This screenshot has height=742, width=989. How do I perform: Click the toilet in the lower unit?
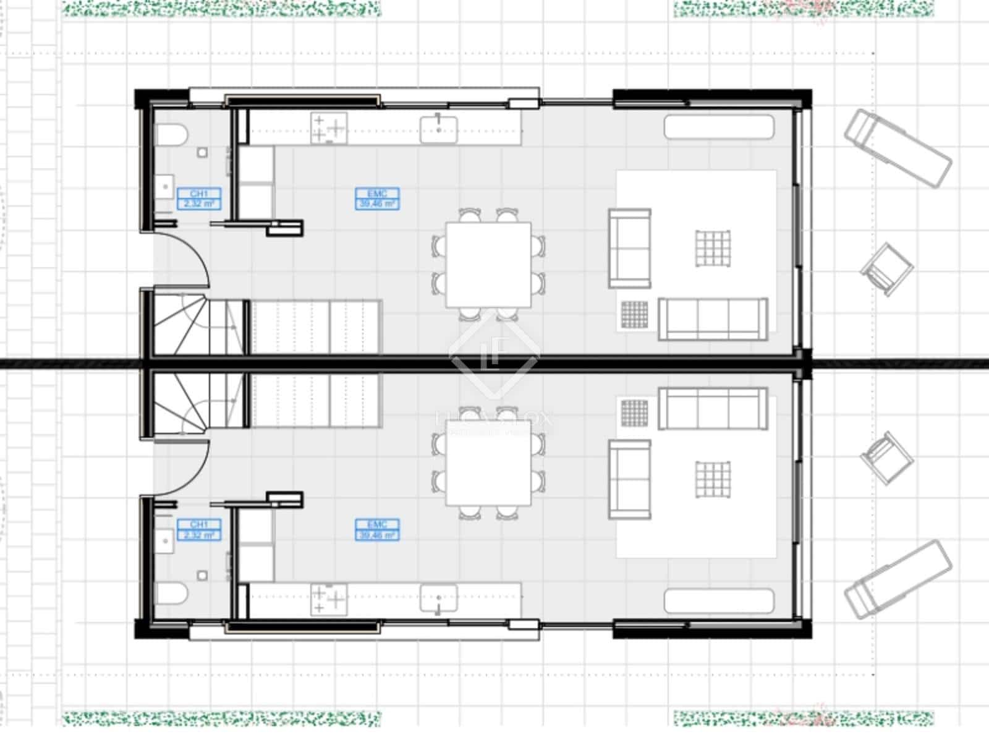pyautogui.click(x=171, y=595)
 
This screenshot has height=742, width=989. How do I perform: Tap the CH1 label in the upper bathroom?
pyautogui.click(x=198, y=198)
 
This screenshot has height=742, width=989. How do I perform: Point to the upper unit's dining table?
pyautogui.click(x=488, y=265)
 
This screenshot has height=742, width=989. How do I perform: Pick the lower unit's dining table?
pyautogui.click(x=488, y=463)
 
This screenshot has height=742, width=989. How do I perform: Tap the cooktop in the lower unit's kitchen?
pyautogui.click(x=329, y=599)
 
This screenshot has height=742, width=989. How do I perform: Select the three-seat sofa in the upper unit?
pyautogui.click(x=713, y=318)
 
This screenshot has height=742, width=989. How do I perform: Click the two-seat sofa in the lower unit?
pyautogui.click(x=630, y=479)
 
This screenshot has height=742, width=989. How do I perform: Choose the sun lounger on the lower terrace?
pyautogui.click(x=898, y=579)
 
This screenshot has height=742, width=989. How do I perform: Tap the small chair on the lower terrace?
pyautogui.click(x=887, y=458)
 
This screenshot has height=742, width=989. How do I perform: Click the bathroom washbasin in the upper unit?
pyautogui.click(x=164, y=185)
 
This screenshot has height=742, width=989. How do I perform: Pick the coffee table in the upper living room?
pyautogui.click(x=713, y=249)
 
